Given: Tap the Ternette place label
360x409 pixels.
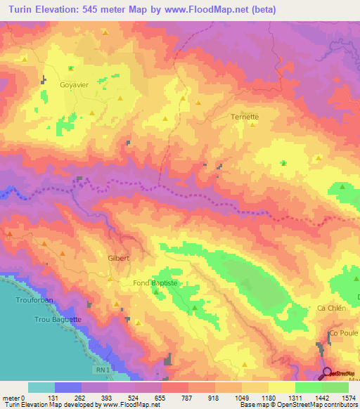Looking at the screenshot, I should (x=245, y=117).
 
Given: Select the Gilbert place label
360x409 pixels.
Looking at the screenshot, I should (x=119, y=258).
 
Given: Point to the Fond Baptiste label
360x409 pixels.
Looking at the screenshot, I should (x=158, y=283).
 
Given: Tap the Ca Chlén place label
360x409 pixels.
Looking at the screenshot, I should (x=330, y=309).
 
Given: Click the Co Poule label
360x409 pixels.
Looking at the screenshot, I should (x=343, y=332).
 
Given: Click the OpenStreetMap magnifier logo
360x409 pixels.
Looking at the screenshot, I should (x=327, y=373).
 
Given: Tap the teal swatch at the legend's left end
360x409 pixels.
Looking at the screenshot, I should (x=41, y=387).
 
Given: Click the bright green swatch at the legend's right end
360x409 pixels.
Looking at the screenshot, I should (x=335, y=387).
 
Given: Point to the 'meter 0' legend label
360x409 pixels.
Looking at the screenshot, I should (x=14, y=398).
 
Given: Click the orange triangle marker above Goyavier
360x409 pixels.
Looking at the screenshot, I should (x=70, y=68).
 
